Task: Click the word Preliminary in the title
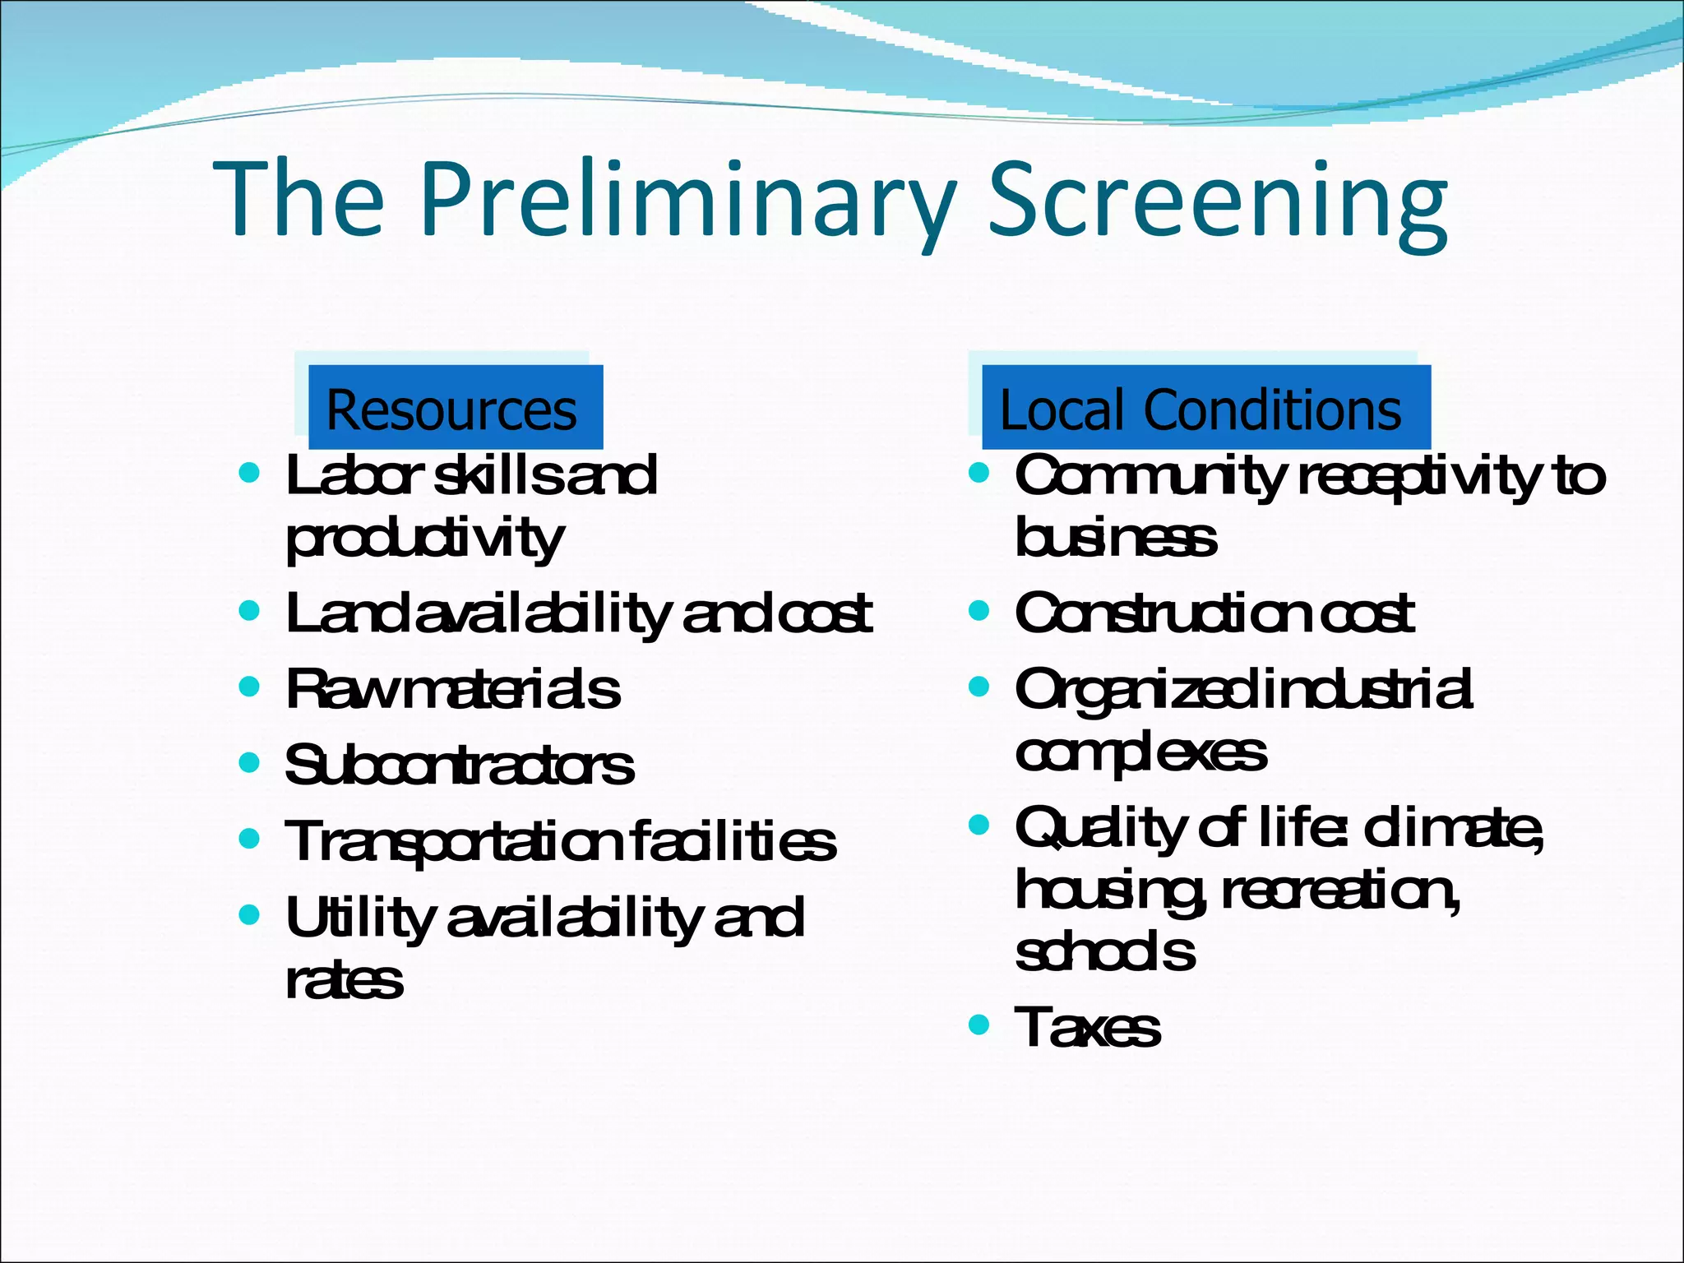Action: click(x=687, y=200)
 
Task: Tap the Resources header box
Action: click(x=455, y=408)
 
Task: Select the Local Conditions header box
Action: click(x=1205, y=408)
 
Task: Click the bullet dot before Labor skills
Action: click(x=248, y=473)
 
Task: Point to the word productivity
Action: click(x=424, y=539)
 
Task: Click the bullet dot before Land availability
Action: click(x=248, y=610)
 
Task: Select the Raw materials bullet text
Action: click(x=452, y=689)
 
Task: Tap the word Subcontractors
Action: click(x=459, y=765)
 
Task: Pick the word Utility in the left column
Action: click(x=357, y=918)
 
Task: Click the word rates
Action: click(x=344, y=980)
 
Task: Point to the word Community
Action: click(x=1150, y=475)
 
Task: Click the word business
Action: click(x=1116, y=539)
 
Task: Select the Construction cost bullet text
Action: click(x=1214, y=613)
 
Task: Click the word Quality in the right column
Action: click(x=1102, y=828)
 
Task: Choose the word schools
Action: click(x=1105, y=952)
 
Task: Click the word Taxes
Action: click(x=1088, y=1027)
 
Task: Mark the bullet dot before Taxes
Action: click(x=978, y=1025)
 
